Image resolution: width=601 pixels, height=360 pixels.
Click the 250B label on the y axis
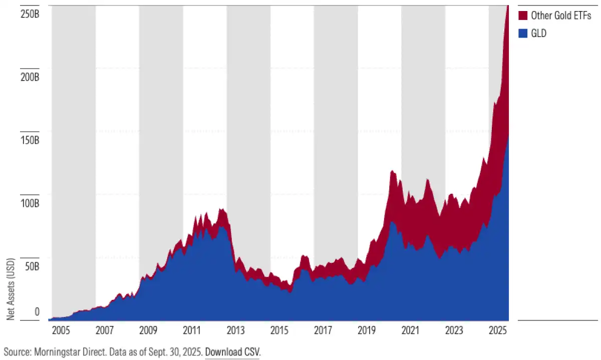pyautogui.click(x=30, y=14)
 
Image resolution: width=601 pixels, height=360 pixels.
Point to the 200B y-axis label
pyautogui.click(x=30, y=78)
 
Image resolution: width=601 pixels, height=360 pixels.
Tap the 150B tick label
pyautogui.click(x=30, y=140)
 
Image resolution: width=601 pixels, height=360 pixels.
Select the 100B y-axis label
pyautogui.click(x=30, y=203)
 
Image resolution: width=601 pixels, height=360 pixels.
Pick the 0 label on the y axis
pyautogui.click(x=37, y=312)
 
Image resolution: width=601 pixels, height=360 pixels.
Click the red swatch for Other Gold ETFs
pyautogui.click(x=523, y=16)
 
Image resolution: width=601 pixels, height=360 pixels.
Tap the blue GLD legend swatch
pyautogui.click(x=523, y=34)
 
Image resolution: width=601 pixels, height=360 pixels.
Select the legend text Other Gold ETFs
pyautogui.click(x=561, y=16)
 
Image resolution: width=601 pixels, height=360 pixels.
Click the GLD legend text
pyautogui.click(x=538, y=34)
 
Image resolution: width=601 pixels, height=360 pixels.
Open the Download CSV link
pyautogui.click(x=232, y=351)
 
